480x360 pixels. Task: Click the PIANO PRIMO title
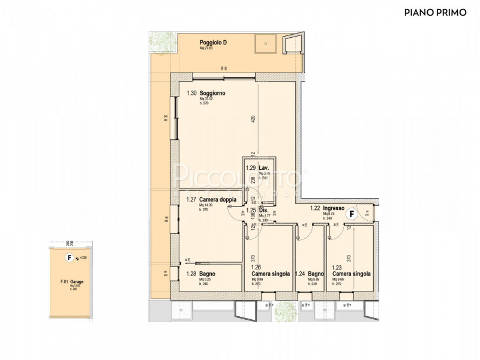coord(435,12)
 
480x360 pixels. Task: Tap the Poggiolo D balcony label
coord(213,43)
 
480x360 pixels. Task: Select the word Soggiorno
coord(213,93)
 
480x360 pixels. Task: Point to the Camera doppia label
coord(218,200)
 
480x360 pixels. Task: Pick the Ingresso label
coord(334,208)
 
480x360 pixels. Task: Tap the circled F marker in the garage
coord(69,258)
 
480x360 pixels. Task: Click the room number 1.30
coord(191,93)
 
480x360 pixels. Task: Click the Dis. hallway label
coord(262,211)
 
